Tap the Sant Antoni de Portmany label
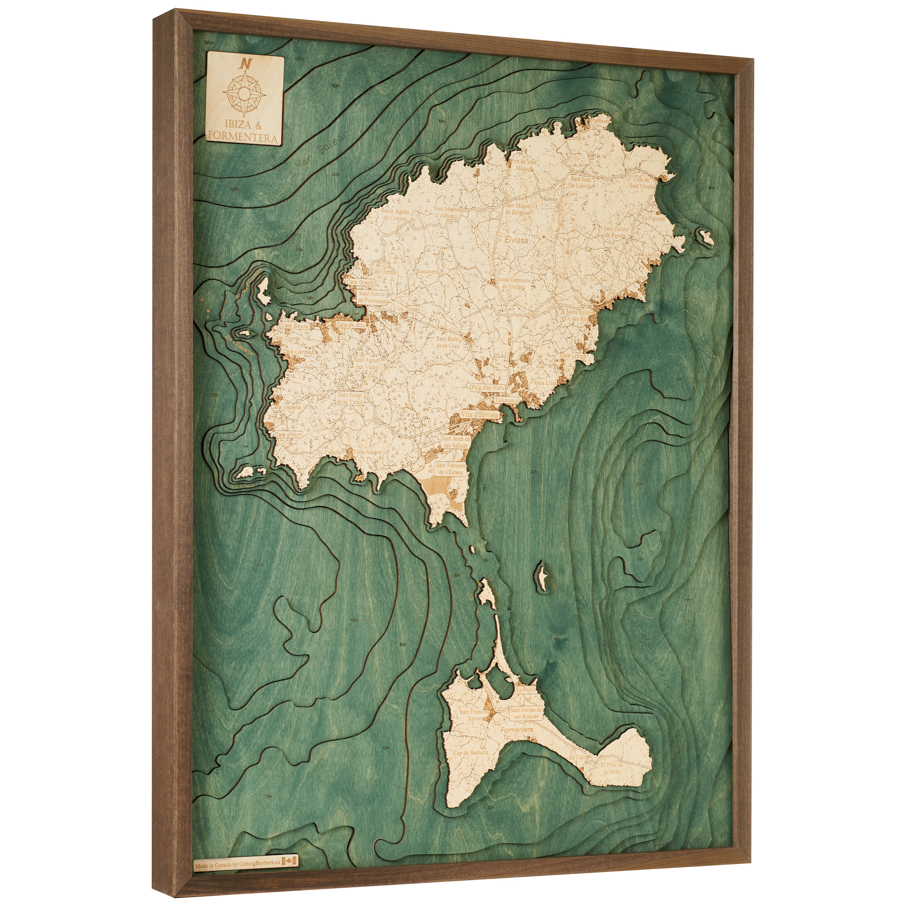pos(373,297)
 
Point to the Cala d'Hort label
pos(288,435)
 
